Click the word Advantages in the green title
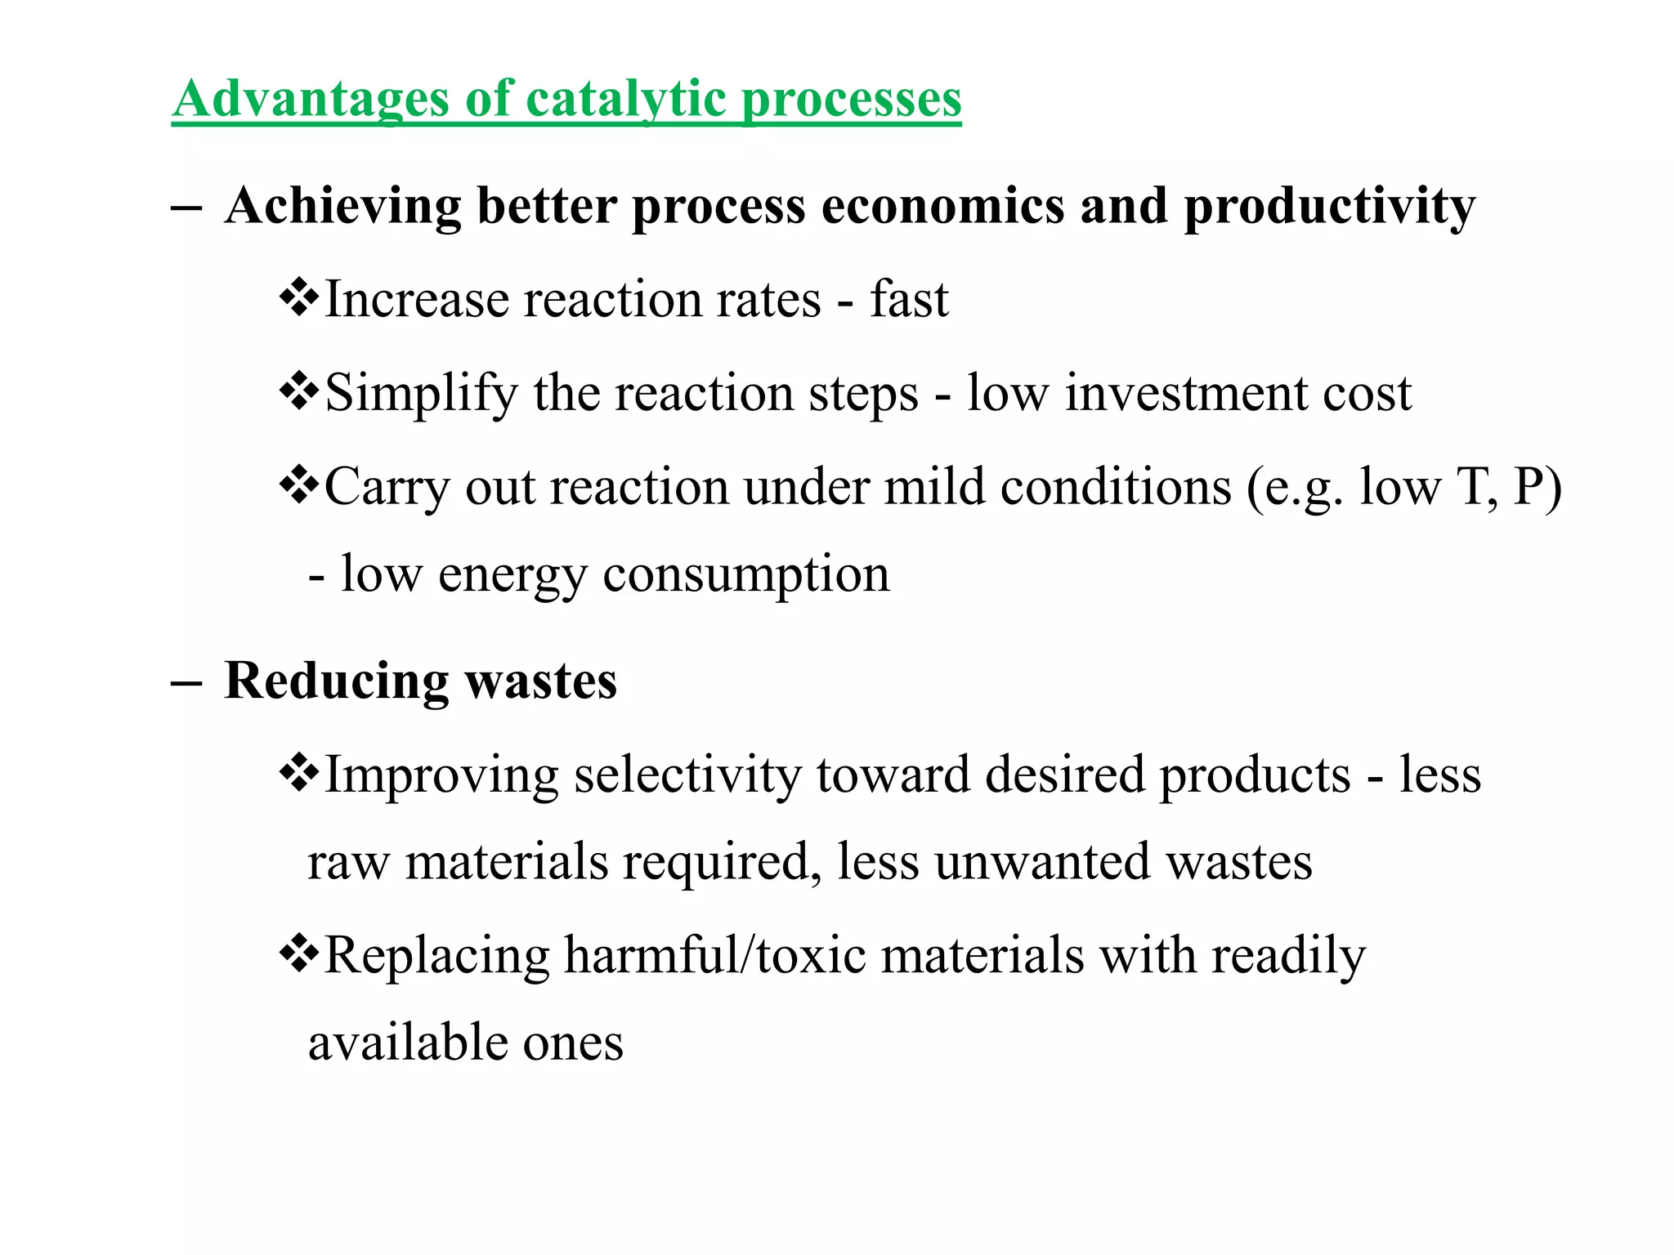[x=311, y=99]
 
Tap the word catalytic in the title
[x=625, y=99]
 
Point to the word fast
[x=908, y=299]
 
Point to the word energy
[x=512, y=574]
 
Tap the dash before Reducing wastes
[x=186, y=682]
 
